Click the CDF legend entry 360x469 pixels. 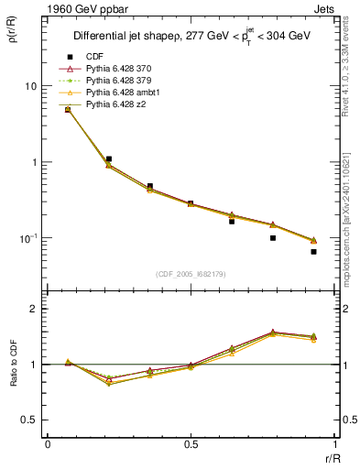coord(92,56)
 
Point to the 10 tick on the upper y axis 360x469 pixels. coord(30,86)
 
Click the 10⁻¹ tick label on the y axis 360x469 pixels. coord(28,238)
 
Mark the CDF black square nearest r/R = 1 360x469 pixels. coord(313,252)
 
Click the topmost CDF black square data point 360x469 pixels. coord(67,110)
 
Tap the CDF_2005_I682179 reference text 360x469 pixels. coord(192,274)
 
